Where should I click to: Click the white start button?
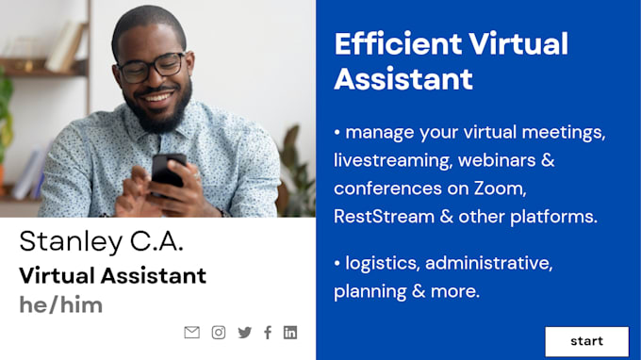tap(586, 341)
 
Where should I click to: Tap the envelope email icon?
tap(192, 332)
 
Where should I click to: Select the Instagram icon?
tap(219, 332)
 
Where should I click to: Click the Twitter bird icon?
tap(245, 332)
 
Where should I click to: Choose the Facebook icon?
tap(268, 332)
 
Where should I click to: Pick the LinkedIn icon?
tap(290, 332)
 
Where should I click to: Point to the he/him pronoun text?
tap(60, 304)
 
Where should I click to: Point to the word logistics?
tap(383, 263)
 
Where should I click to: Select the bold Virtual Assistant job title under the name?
tap(112, 276)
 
